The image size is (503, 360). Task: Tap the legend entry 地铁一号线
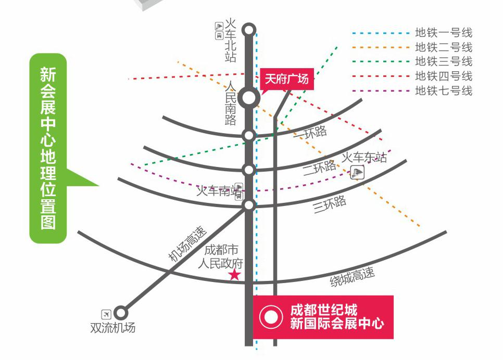click(443, 33)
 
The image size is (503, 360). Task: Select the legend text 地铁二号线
click(443, 47)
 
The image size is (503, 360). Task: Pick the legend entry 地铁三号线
click(443, 61)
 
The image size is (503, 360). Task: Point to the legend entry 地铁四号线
click(443, 76)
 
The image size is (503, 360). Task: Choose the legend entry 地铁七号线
click(443, 91)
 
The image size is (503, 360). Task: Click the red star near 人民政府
click(235, 275)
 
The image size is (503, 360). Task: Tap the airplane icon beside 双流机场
click(106, 314)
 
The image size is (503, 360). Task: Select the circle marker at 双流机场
click(121, 313)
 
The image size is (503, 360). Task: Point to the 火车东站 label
click(364, 157)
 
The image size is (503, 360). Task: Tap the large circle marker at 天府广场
click(249, 97)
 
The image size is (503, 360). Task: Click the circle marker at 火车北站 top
click(249, 29)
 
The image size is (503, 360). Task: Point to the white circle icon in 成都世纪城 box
click(270, 317)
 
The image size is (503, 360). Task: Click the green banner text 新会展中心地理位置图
click(48, 148)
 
